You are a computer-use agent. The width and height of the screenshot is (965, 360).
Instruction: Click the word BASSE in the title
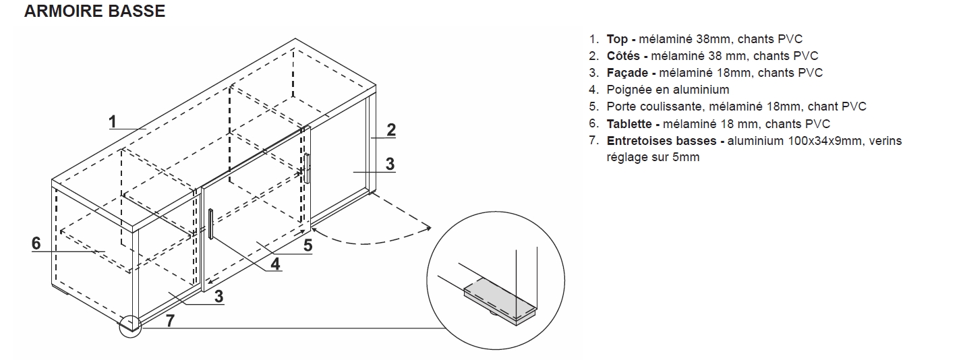click(x=140, y=12)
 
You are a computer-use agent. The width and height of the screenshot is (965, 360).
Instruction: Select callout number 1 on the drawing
click(x=113, y=121)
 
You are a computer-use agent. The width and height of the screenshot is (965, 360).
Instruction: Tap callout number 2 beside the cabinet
click(x=390, y=129)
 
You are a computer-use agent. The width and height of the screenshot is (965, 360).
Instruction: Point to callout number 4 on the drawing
click(x=275, y=264)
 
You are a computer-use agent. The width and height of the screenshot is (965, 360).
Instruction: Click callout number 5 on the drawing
click(x=308, y=245)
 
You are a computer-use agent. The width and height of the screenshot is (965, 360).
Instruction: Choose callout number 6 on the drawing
click(x=36, y=243)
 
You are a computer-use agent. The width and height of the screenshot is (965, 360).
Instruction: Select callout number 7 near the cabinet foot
click(x=170, y=321)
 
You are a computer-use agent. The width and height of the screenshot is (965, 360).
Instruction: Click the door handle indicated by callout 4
click(x=211, y=224)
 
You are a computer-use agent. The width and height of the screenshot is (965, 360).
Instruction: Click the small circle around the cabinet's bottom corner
click(x=129, y=326)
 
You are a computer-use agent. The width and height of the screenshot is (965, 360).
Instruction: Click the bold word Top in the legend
click(x=617, y=39)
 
